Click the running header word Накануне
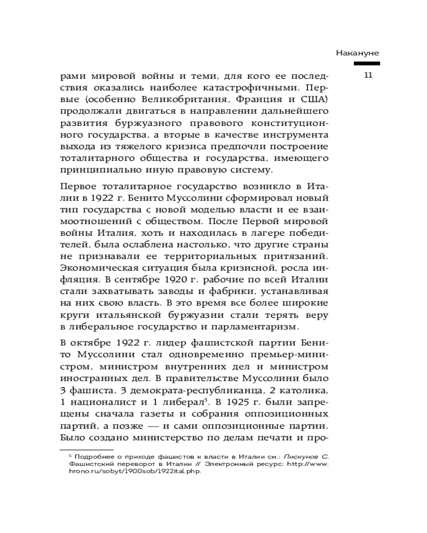tap(358, 53)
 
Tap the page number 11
tap(367, 75)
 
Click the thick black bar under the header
tap(359, 64)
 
